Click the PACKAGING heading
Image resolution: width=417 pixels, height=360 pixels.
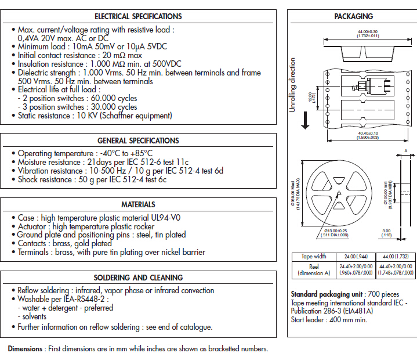coord(353,16)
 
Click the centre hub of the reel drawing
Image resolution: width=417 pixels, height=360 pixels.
coord(338,193)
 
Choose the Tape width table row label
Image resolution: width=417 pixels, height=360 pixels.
coord(314,256)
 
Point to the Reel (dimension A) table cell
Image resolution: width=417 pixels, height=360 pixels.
coord(314,269)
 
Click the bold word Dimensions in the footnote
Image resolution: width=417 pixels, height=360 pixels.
coord(25,349)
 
